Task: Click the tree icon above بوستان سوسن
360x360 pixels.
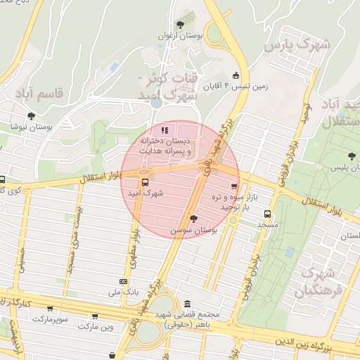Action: coord(193,219)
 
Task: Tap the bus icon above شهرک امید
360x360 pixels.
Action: coord(145,183)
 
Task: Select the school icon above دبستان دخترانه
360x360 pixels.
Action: coord(165,130)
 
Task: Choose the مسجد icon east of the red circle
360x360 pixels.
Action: coord(266,214)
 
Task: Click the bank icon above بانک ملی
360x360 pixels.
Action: coord(124,281)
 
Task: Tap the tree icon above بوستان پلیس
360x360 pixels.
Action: coord(351,156)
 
